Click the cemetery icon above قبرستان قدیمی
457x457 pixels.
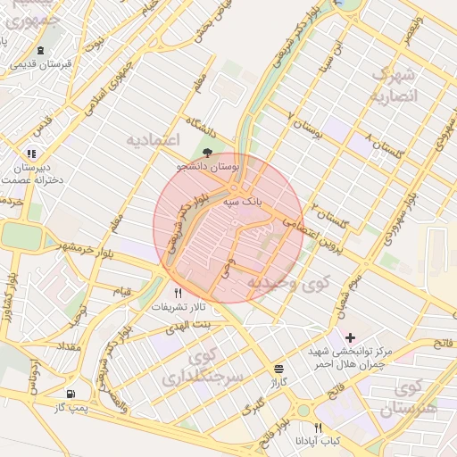point(40,49)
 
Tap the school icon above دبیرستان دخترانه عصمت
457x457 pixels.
point(32,154)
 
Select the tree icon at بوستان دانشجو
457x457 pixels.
point(208,153)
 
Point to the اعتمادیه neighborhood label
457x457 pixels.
point(153,140)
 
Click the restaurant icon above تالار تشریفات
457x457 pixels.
point(178,293)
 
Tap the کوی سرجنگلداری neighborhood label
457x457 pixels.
point(203,367)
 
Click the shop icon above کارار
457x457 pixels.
point(279,368)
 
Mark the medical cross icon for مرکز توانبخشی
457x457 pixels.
point(350,337)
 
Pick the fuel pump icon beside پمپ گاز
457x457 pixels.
point(70,394)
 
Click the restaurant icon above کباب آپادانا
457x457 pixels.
point(319,428)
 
